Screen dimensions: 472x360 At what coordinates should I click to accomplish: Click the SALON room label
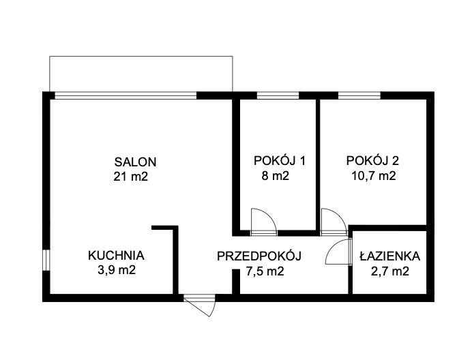click(135, 162)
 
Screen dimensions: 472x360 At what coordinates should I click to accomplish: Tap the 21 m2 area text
click(131, 177)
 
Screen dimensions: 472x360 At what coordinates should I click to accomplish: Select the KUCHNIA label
click(116, 256)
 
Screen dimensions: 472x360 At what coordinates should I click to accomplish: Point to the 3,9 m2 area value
click(117, 270)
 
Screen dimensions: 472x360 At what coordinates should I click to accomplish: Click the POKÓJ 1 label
click(280, 161)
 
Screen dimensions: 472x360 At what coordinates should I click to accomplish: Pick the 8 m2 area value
click(276, 175)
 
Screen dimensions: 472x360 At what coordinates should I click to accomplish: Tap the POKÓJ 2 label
click(372, 161)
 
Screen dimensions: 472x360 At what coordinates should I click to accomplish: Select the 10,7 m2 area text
click(374, 175)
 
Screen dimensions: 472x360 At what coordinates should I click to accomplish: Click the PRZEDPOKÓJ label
click(259, 256)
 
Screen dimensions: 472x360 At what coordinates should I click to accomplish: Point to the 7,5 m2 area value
click(265, 271)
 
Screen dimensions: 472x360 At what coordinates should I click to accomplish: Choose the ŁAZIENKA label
click(390, 256)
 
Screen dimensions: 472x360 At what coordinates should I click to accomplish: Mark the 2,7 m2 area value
click(390, 271)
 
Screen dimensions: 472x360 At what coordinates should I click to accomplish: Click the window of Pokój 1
click(278, 95)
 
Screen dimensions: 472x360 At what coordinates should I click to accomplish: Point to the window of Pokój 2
click(359, 95)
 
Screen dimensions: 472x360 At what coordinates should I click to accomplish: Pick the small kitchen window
click(46, 260)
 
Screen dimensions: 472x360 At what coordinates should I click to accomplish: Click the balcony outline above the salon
click(141, 57)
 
